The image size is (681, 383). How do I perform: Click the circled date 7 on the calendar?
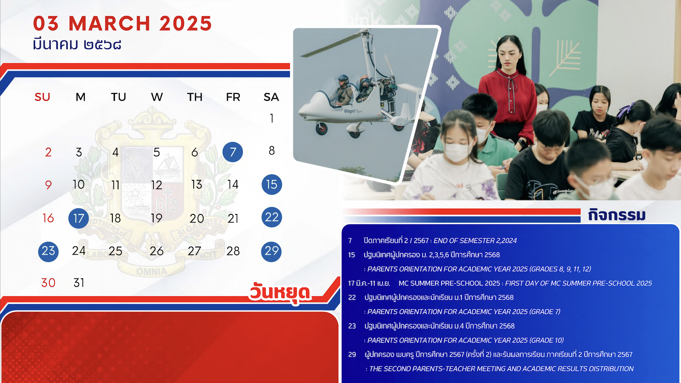(233, 152)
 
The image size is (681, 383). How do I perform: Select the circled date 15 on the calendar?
(272, 184)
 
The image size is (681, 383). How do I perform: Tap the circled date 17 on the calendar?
(79, 218)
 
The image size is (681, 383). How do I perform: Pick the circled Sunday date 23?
(48, 251)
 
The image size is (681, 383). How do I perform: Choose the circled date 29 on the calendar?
(271, 251)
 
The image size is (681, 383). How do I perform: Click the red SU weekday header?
(42, 97)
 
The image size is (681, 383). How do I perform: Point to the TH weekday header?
(195, 97)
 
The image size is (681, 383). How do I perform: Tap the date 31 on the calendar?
(79, 283)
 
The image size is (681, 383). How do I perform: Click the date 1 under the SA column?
(272, 119)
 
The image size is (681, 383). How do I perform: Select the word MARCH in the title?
(109, 23)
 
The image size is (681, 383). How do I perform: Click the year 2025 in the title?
(185, 23)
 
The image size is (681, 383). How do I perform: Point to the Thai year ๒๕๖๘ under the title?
(103, 45)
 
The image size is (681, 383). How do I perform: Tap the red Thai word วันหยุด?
(280, 293)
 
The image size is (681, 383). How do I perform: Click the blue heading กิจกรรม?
(617, 215)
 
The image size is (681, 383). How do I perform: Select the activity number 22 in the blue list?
(352, 298)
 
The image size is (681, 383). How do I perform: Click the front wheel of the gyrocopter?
(322, 129)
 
